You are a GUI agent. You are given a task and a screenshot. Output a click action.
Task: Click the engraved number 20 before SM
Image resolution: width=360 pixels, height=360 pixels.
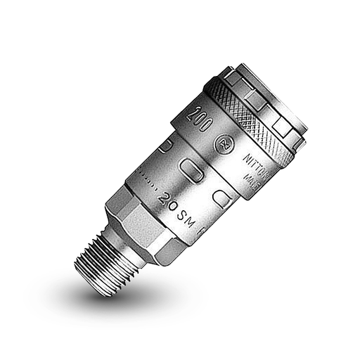pyautogui.click(x=168, y=198)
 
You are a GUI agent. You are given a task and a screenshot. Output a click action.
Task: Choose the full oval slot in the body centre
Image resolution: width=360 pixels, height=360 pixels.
pyautogui.click(x=191, y=169)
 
